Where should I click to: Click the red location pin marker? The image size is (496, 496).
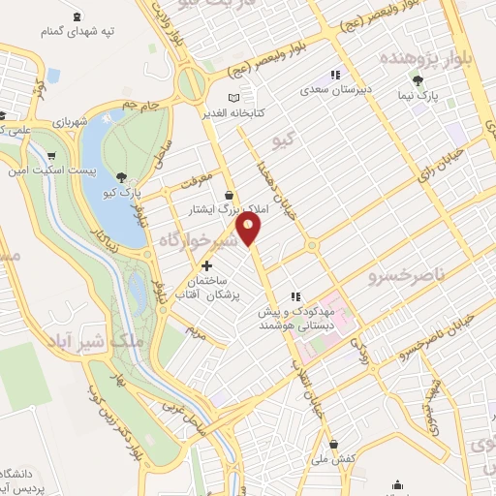coord(250,229)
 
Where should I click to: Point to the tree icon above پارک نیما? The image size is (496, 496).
coord(418,81)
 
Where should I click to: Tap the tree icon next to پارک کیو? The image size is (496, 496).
coord(119,176)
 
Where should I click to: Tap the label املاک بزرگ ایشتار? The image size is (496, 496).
coord(231,208)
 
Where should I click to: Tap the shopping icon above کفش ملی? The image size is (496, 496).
coord(334,444)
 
